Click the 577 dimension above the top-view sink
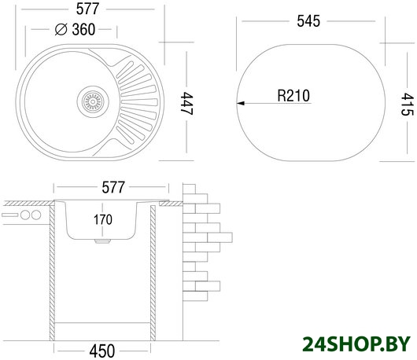87,9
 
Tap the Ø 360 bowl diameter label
76,29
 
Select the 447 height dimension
186,103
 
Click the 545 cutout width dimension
308,21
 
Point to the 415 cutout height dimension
407,104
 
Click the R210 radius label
293,96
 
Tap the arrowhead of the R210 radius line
241,103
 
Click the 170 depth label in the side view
102,220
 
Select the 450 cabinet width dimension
102,351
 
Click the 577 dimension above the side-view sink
113,187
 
